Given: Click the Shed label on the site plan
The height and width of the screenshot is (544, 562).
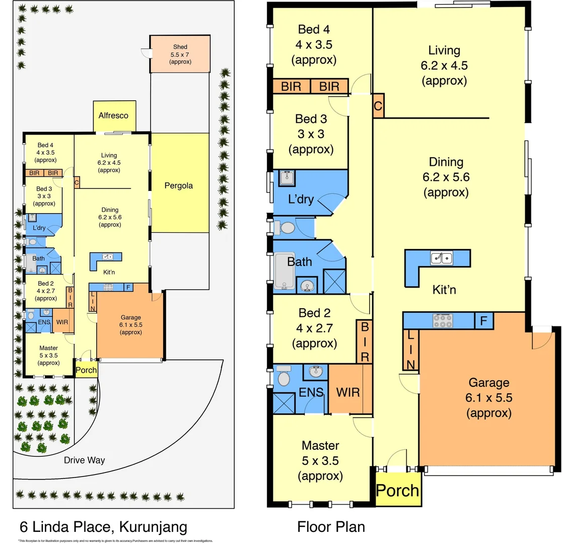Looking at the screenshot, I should pyautogui.click(x=180, y=47).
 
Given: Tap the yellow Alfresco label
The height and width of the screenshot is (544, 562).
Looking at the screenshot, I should pyautogui.click(x=113, y=115).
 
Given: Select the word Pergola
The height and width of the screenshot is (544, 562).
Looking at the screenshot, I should pyautogui.click(x=179, y=185).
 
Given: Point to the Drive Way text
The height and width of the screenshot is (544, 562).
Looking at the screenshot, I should pyautogui.click(x=84, y=460).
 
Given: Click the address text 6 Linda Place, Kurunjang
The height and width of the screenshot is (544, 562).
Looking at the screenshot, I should pyautogui.click(x=103, y=527).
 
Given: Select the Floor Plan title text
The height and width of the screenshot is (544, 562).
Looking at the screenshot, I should pyautogui.click(x=331, y=527).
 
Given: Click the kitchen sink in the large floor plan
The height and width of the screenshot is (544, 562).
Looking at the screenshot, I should pyautogui.click(x=442, y=258).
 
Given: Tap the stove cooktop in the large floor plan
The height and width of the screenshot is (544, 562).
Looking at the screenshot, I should pyautogui.click(x=442, y=320).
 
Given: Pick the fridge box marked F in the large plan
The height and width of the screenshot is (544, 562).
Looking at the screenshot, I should pyautogui.click(x=483, y=320).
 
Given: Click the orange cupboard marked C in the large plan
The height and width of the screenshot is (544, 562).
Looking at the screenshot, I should pyautogui.click(x=378, y=106).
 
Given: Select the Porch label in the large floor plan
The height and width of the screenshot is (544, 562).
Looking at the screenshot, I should pyautogui.click(x=398, y=490).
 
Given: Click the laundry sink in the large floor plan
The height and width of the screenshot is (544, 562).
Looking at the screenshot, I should pyautogui.click(x=287, y=178).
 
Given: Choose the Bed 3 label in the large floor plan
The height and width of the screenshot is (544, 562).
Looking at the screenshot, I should pyautogui.click(x=311, y=134).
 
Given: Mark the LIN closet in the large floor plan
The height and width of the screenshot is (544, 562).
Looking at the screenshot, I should pyautogui.click(x=410, y=349).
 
